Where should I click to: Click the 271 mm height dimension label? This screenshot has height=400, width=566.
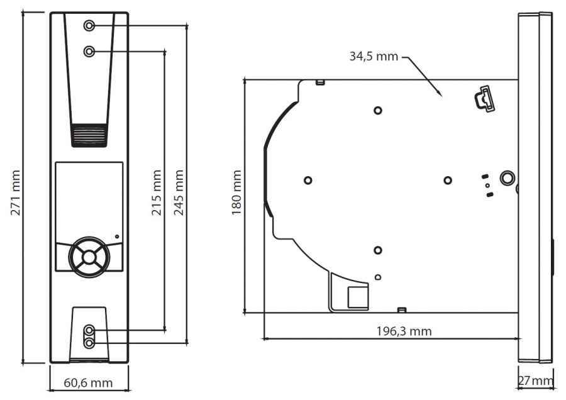pos(16,192)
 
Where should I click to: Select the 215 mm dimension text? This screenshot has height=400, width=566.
pos(157,192)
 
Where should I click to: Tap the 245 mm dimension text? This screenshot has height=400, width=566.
pos(179,192)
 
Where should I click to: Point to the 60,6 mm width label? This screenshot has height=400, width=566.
pos(88,382)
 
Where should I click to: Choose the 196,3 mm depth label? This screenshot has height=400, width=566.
pos(404,331)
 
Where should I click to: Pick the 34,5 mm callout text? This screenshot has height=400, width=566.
pos(374,57)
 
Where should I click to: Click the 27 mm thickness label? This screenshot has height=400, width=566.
pos(536,381)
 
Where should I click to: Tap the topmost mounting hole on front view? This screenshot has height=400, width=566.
pos(89,26)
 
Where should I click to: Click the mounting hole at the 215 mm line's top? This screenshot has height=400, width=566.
pos(89,52)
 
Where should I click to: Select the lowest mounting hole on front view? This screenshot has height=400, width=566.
pos(89,343)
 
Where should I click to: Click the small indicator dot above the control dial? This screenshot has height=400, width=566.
pos(117,237)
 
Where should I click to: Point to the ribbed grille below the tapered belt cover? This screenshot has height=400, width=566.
pos(89,135)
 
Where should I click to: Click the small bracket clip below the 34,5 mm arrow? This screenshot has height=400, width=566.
pos(484,99)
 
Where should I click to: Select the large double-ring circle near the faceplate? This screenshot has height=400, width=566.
pos(507,178)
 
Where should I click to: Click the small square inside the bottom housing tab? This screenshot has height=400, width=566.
pos(358,297)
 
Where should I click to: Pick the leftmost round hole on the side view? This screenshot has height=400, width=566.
pos(308,180)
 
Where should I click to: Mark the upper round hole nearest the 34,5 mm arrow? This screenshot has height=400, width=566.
pos(378,111)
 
